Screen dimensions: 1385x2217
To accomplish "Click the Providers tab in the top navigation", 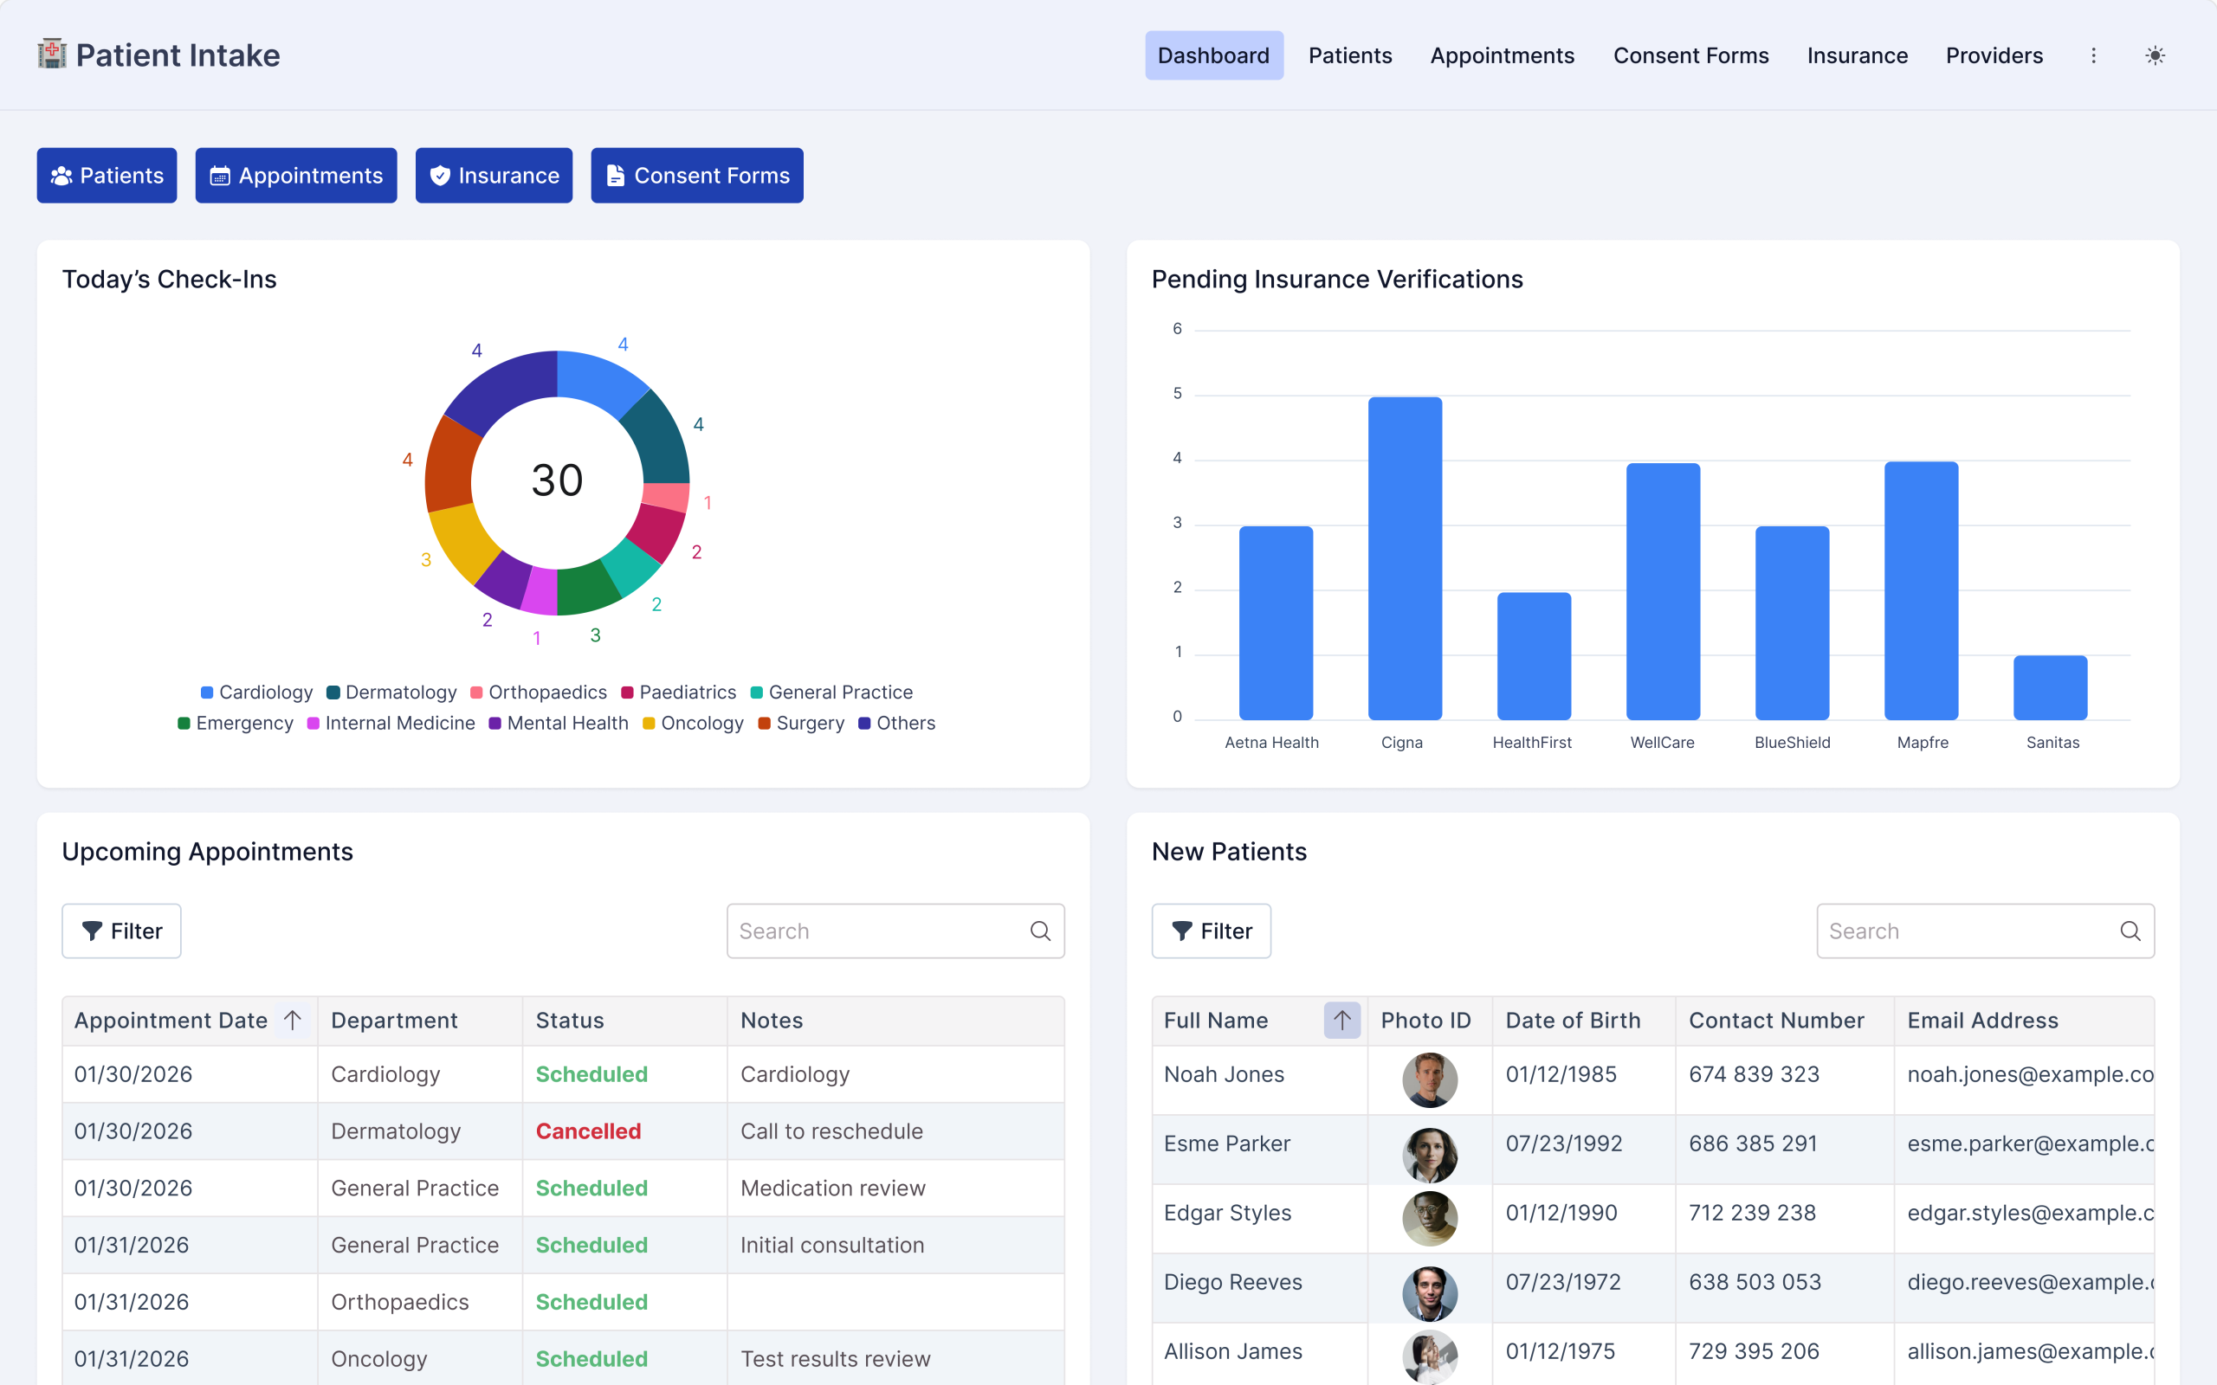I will [1994, 56].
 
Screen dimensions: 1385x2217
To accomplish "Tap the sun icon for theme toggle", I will [2155, 56].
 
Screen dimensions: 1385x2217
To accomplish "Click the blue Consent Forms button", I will [696, 175].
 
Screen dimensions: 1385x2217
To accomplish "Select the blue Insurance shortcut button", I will [494, 175].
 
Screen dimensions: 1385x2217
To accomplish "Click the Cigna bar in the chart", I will [1405, 559].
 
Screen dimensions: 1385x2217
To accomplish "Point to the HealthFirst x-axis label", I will [1532, 743].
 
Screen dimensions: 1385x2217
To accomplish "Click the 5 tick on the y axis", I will [1177, 394].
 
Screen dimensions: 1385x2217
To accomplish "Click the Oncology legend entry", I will [693, 724].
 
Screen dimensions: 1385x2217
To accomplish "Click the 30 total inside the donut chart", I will [557, 481].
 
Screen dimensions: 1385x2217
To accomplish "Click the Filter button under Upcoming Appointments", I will [121, 931].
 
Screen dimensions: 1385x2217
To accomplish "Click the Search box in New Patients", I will [1969, 931].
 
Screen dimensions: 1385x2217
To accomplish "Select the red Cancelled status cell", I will [588, 1131].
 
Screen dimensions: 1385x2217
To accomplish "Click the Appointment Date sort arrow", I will [292, 1021].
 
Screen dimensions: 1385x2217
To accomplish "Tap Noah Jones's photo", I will [1429, 1080].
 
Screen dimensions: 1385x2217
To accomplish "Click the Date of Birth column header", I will [1572, 1021].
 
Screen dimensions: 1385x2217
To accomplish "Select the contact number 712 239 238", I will [1752, 1213].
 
